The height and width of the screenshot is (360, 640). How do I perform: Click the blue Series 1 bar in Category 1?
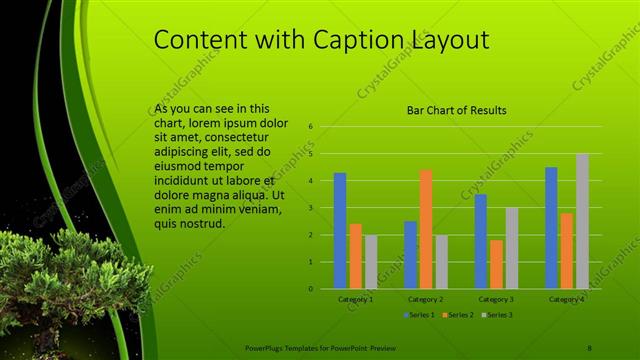pos(340,231)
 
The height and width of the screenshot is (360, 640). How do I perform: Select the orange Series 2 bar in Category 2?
pos(426,229)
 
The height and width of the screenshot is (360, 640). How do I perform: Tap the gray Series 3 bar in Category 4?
pos(582,221)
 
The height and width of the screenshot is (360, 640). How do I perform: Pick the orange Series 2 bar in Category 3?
pos(497,264)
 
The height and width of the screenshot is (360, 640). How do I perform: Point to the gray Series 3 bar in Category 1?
pos(371,262)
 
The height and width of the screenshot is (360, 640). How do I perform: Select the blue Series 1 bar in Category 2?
pos(411,255)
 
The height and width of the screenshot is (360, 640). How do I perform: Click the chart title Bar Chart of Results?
pos(456,110)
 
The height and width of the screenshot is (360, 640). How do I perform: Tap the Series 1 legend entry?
pos(420,314)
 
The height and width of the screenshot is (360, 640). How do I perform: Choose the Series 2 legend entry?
pos(456,314)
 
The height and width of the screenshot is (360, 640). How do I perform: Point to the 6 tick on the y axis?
pos(311,127)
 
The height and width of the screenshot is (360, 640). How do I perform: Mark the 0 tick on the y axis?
pos(311,289)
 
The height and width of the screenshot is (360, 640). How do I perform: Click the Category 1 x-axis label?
pos(355,298)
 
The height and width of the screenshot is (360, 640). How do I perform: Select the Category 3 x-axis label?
pos(497,298)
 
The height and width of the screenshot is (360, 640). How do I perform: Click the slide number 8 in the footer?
pos(589,347)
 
